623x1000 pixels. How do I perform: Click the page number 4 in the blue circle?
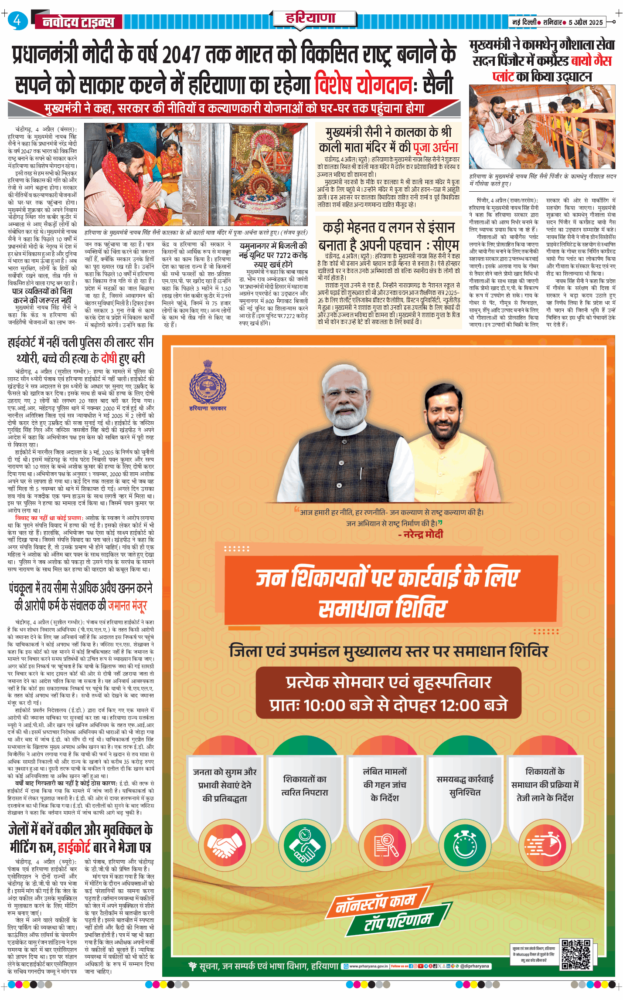(17, 20)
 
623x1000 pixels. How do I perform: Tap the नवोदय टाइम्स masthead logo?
(78, 22)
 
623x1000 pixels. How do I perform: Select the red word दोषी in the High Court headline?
(109, 359)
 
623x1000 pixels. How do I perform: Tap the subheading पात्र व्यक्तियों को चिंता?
(42, 291)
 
